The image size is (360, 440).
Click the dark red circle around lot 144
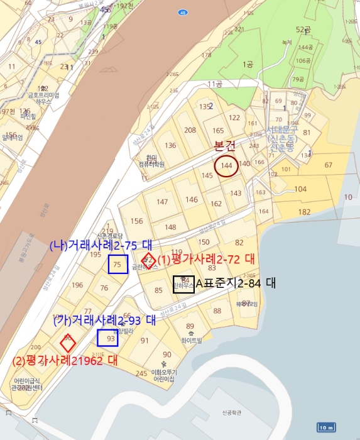pyautogui.click(x=227, y=166)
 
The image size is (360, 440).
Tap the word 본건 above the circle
pyautogui.click(x=225, y=146)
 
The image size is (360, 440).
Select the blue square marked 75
pyautogui.click(x=117, y=265)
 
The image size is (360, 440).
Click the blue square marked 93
pyautogui.click(x=108, y=338)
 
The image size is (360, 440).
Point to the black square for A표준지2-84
pyautogui.click(x=183, y=283)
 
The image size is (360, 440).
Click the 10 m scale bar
pyautogui.click(x=325, y=427)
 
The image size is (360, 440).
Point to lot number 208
pyautogui.click(x=190, y=130)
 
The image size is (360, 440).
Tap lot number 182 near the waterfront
pyautogui.click(x=305, y=212)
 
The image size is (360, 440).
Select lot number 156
pyautogui.click(x=136, y=221)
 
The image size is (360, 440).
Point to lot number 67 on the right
pyautogui.click(x=328, y=165)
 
